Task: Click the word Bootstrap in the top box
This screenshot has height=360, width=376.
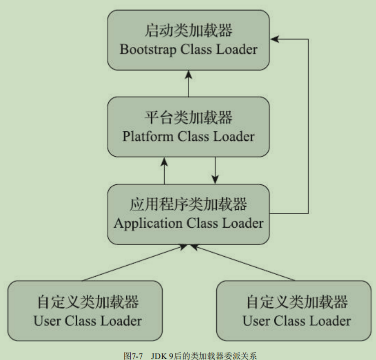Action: (x=145, y=50)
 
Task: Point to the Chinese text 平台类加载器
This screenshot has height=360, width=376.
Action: (x=188, y=118)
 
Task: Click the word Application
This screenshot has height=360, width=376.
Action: (x=149, y=223)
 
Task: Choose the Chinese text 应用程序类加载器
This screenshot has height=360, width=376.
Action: (x=188, y=205)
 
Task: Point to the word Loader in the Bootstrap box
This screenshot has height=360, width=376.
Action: (x=237, y=50)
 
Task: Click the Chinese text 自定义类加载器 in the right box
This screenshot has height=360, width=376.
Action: (x=297, y=302)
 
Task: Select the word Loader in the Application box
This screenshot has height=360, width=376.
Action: (x=243, y=223)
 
